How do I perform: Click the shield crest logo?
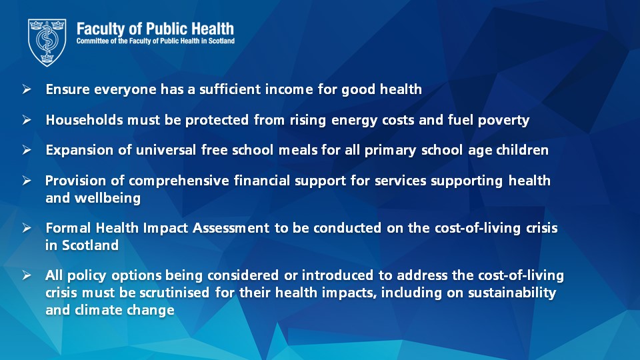(x=47, y=42)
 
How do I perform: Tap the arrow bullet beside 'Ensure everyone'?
(x=27, y=89)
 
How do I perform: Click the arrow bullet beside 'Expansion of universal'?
(x=27, y=150)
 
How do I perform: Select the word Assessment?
(x=231, y=228)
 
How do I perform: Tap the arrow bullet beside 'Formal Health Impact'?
(x=27, y=227)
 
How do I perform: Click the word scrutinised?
(x=175, y=293)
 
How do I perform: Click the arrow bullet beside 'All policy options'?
(x=27, y=275)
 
